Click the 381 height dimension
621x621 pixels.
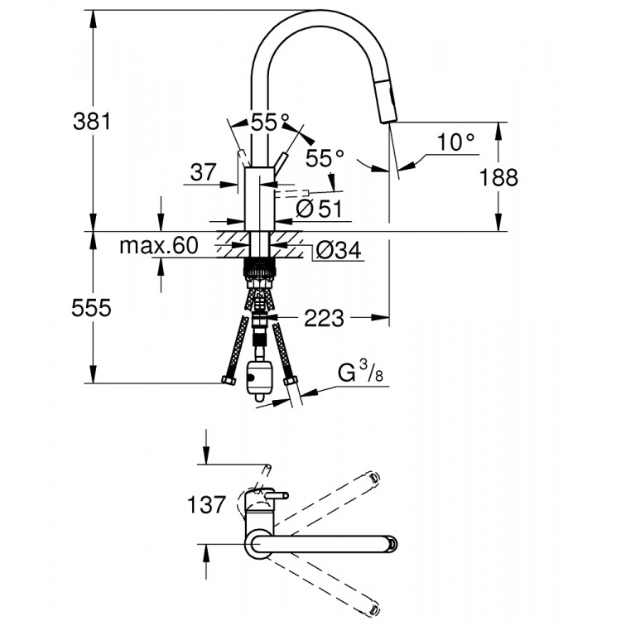click(x=92, y=122)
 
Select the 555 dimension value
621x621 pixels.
click(x=92, y=308)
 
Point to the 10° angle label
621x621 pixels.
click(x=456, y=142)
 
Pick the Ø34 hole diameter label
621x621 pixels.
click(x=338, y=251)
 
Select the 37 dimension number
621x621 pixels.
click(x=202, y=172)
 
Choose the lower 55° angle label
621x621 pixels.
click(x=325, y=157)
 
